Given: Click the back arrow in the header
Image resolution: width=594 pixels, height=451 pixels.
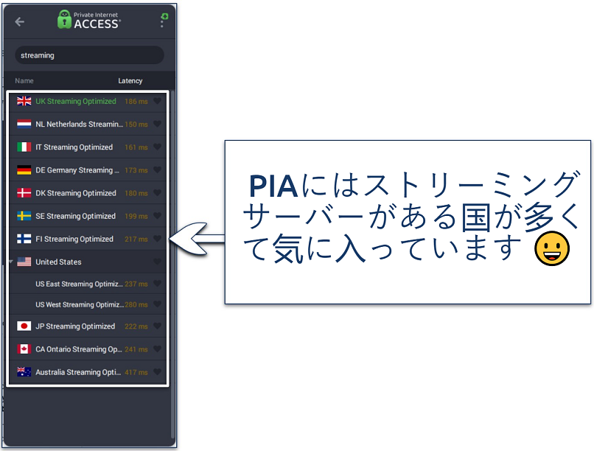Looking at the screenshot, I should click(20, 22).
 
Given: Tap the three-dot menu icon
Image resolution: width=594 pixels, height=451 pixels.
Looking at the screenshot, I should click(162, 23).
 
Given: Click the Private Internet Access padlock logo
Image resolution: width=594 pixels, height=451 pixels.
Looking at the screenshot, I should click(64, 20).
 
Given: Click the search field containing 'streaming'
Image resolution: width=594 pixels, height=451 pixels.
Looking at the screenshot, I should click(89, 55).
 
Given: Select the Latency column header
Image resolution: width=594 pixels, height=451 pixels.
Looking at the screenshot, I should click(130, 81).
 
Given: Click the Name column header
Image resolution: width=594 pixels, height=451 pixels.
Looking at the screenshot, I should click(24, 81).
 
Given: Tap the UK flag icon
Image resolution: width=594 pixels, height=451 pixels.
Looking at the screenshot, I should click(24, 102).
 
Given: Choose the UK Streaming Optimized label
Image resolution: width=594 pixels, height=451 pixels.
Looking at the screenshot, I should click(76, 102).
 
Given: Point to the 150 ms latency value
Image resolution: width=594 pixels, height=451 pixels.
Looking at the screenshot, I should click(136, 125).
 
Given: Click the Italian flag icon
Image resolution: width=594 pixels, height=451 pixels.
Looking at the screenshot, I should click(24, 147).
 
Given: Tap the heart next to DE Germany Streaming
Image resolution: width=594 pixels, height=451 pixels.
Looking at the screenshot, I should click(157, 170).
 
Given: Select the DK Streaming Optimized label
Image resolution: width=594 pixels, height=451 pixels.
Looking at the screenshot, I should click(76, 193).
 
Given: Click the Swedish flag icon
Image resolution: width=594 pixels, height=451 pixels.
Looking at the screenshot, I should click(24, 216).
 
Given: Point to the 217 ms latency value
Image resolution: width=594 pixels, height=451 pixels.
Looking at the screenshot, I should click(136, 240).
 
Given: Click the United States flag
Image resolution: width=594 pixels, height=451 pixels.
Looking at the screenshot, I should click(24, 262).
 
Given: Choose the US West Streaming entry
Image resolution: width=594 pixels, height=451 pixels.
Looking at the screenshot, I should click(80, 304).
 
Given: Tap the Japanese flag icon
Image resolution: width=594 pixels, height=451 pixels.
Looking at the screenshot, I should click(24, 326).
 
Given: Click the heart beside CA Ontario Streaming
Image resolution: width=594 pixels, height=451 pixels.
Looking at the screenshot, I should click(157, 349).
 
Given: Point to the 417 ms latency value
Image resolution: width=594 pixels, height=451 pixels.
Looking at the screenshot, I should click(136, 373).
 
